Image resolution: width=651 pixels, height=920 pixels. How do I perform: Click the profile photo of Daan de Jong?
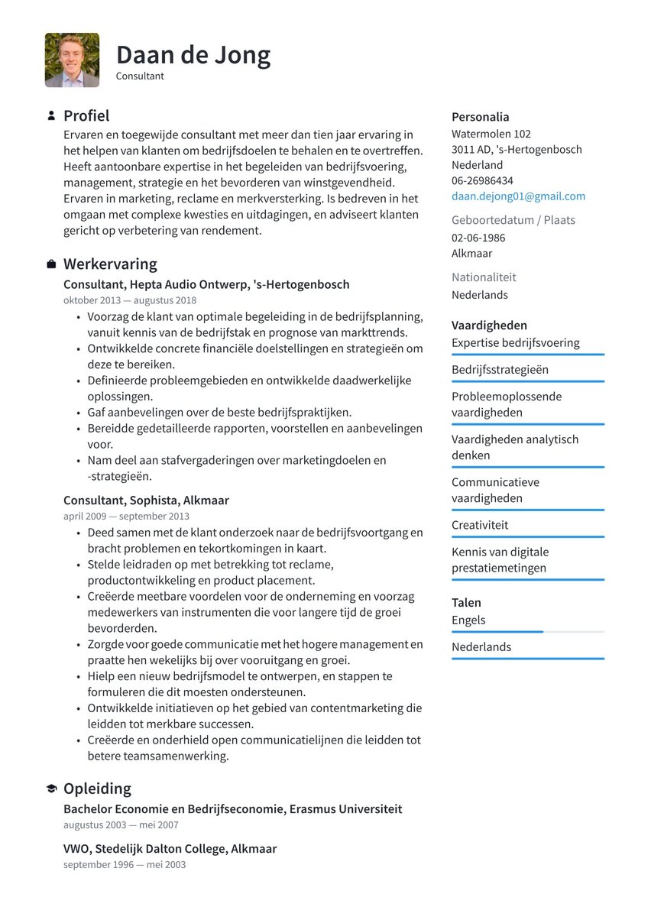(x=72, y=60)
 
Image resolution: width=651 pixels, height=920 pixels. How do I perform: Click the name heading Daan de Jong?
(x=193, y=55)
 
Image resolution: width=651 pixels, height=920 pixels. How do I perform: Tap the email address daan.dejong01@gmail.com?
(x=518, y=196)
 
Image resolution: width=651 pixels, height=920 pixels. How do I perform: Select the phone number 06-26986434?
(x=482, y=181)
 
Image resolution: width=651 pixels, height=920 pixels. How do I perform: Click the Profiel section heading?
(x=86, y=115)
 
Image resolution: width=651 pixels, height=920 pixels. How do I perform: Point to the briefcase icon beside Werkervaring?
(x=51, y=264)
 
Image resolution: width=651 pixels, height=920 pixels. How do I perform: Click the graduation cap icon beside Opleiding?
(x=51, y=789)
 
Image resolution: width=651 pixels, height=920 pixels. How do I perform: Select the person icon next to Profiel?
(x=51, y=116)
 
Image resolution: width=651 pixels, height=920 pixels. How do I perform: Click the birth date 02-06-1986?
(x=478, y=238)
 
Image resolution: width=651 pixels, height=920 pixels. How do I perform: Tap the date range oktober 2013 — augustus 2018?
(x=130, y=300)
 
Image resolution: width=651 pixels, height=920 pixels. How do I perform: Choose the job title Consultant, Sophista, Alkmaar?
(x=146, y=500)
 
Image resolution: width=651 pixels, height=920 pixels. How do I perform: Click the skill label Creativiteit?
(x=479, y=525)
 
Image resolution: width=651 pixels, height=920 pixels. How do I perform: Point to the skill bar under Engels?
(x=527, y=632)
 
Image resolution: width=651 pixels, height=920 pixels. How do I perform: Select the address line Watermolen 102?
(x=491, y=134)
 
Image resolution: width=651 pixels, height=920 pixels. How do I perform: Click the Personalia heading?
(x=480, y=117)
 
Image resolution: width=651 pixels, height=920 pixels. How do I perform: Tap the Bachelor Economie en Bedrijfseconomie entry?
(x=232, y=808)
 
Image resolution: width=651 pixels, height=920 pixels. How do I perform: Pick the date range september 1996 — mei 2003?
(x=125, y=864)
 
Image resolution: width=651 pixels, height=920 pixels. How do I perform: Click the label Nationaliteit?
(x=484, y=277)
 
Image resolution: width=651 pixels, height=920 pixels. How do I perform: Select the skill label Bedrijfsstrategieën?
(x=500, y=370)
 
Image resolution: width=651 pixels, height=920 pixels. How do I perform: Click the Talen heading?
(x=466, y=603)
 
